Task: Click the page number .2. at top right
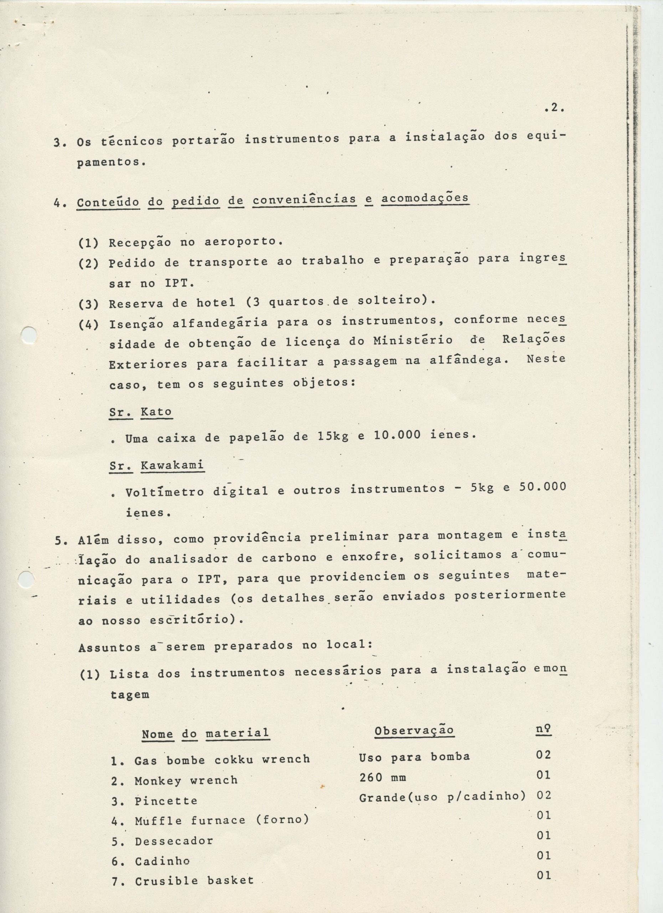click(554, 108)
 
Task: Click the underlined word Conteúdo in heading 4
click(108, 202)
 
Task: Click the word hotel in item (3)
click(216, 303)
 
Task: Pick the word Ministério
click(413, 341)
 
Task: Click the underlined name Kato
click(156, 412)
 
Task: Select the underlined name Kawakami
click(172, 465)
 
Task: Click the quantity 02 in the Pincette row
click(544, 795)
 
